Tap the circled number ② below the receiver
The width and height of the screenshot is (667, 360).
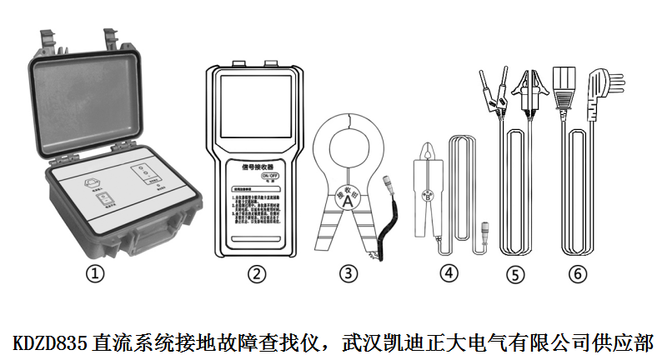[x=258, y=272]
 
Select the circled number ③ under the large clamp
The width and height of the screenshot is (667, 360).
[x=349, y=272]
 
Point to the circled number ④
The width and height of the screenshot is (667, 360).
[x=449, y=272]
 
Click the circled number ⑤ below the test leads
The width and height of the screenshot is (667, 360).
[x=517, y=272]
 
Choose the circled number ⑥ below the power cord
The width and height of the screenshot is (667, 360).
[x=578, y=272]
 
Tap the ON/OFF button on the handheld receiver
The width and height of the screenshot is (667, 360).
[x=270, y=177]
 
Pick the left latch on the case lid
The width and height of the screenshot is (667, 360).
[x=48, y=40]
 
